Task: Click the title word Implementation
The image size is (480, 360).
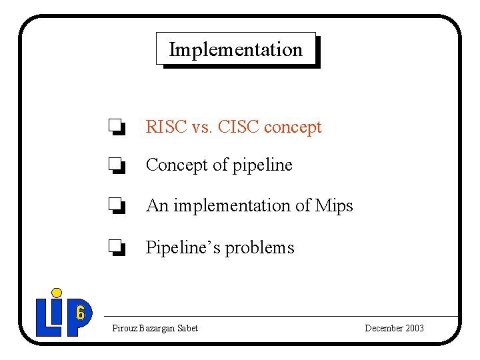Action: pyautogui.click(x=235, y=49)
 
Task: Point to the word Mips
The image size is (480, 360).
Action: pyautogui.click(x=335, y=206)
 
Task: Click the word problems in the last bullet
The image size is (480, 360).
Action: pyautogui.click(x=260, y=248)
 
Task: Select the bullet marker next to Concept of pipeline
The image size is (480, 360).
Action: pyautogui.click(x=117, y=165)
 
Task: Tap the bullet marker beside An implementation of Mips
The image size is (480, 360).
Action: pyautogui.click(x=117, y=206)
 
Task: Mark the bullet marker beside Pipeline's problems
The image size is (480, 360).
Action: pyautogui.click(x=117, y=248)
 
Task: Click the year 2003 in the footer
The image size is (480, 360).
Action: pyautogui.click(x=413, y=328)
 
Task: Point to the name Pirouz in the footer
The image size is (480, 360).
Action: pyautogui.click(x=125, y=328)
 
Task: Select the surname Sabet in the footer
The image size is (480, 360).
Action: pyautogui.click(x=187, y=328)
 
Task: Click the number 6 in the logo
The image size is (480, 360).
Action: pyautogui.click(x=80, y=312)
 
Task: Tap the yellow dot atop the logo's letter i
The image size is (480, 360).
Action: pyautogui.click(x=57, y=292)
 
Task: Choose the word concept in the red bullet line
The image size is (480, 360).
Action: pyautogui.click(x=293, y=127)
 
